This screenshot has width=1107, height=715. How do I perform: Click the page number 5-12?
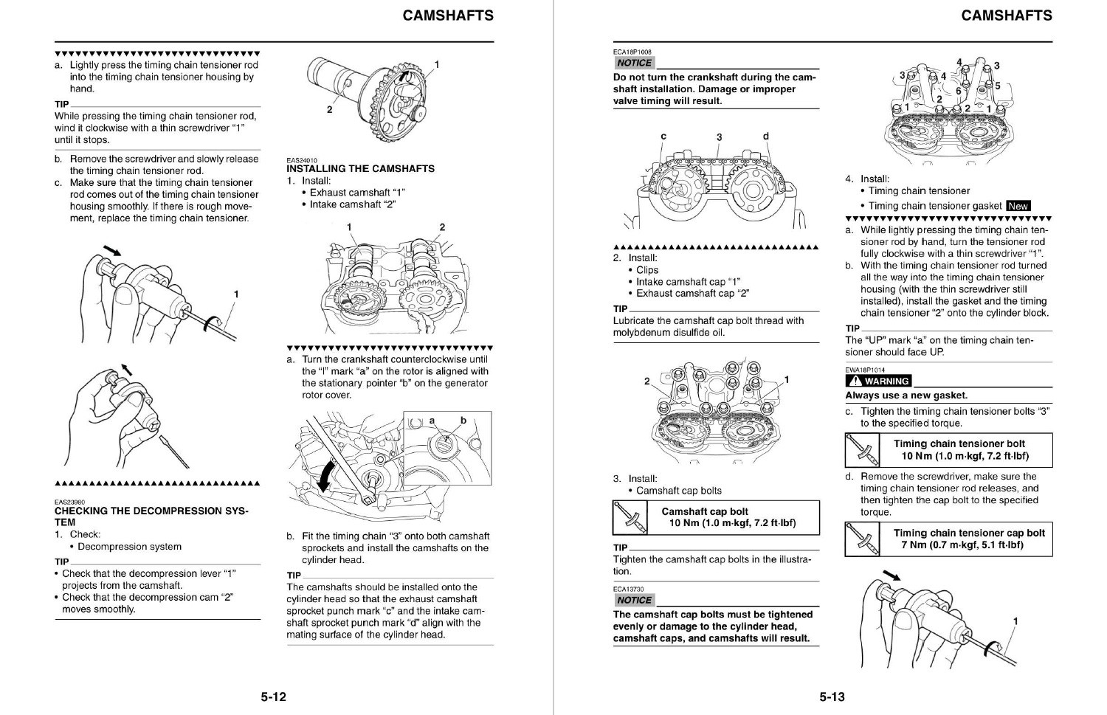point(273,697)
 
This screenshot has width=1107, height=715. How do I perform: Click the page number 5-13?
point(832,697)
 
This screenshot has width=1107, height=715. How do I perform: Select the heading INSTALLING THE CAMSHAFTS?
point(360,169)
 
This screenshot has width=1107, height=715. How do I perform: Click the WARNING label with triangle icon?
point(879,381)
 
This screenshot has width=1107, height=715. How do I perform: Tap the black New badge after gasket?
point(1018,206)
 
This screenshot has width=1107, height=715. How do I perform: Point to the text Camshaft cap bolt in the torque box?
point(704,511)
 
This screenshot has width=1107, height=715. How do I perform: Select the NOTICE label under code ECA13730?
point(634,601)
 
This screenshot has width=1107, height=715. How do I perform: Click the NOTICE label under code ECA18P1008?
point(634,63)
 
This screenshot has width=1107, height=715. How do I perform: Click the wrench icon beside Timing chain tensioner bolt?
point(862,450)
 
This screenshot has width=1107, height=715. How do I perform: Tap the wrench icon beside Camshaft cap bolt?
point(630,517)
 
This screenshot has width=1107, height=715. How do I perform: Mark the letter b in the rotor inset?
point(463,421)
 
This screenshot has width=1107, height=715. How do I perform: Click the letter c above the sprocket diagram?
point(663,137)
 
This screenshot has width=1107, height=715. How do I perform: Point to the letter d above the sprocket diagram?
point(765,137)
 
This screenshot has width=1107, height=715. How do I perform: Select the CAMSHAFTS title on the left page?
point(448,15)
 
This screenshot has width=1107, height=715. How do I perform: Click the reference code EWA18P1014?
point(865,370)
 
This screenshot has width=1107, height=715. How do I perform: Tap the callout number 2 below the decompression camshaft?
point(329,110)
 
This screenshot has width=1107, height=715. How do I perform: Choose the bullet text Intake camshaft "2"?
point(353,204)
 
